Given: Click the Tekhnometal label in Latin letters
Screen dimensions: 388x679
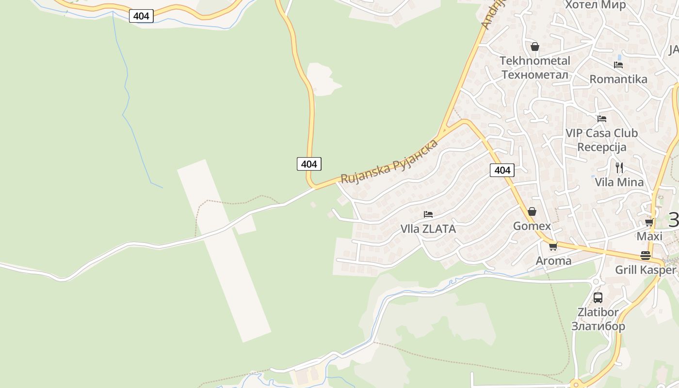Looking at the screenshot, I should pos(535,61).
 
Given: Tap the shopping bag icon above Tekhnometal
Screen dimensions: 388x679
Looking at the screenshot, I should pos(535,47).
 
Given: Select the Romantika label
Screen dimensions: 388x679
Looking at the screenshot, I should pos(618,79).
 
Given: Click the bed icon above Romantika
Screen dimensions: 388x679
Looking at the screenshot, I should pos(618,65).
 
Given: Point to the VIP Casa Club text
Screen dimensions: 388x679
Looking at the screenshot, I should pos(602,133).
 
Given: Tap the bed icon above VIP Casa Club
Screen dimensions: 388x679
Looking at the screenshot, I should pos(602,118).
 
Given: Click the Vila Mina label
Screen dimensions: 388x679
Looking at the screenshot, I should pos(619,182).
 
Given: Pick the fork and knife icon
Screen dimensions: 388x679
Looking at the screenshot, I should pos(619,168).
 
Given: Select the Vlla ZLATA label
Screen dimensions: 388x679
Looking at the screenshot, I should pos(428,229).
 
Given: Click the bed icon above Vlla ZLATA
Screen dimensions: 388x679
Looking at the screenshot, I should pos(428,214).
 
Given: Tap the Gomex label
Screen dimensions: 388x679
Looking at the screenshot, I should pos(532,226).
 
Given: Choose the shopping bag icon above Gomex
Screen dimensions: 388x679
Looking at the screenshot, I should pos(532,211).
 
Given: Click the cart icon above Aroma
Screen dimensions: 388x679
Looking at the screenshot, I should pos(553,246).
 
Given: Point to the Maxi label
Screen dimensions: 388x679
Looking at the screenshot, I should pos(649,237).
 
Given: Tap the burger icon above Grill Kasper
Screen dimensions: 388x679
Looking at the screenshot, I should pos(646,255).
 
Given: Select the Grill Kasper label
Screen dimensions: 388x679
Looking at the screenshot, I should pos(646,270).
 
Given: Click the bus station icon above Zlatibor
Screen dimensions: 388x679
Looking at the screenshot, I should pos(598,298).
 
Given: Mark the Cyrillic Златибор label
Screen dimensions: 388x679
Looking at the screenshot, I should pos(598,326).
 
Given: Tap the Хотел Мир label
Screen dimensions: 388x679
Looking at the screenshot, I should pos(596,5).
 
